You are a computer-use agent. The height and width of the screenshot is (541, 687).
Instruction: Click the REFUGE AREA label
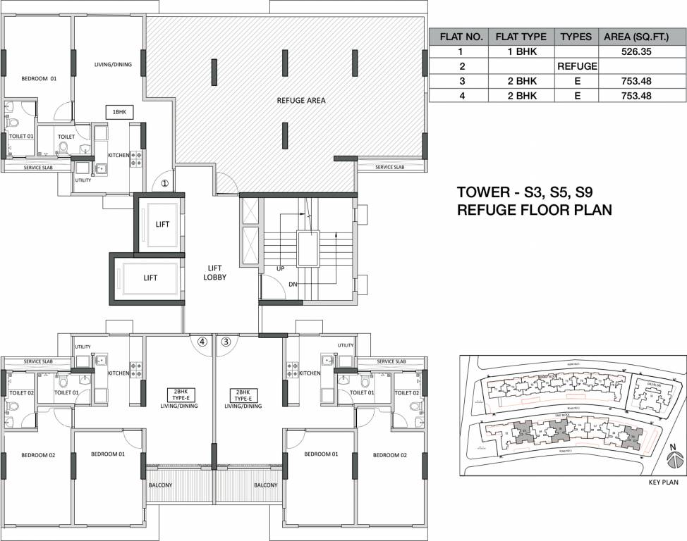pyautogui.click(x=301, y=100)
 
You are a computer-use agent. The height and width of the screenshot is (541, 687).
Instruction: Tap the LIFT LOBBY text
pyautogui.click(x=216, y=273)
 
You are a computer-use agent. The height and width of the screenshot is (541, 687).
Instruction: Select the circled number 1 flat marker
pyautogui.click(x=164, y=183)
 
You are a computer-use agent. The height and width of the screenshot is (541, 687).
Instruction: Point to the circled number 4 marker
pyautogui.click(x=202, y=342)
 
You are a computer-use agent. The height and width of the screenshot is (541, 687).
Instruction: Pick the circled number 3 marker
pyautogui.click(x=226, y=342)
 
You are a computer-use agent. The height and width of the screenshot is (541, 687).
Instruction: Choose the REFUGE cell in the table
pyautogui.click(x=577, y=66)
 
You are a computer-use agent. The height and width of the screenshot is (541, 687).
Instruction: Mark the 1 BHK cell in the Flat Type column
pyautogui.click(x=521, y=51)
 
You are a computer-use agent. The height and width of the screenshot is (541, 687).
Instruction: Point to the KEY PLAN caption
pyautogui.click(x=662, y=483)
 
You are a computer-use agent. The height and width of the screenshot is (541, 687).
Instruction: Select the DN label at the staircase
pyautogui.click(x=293, y=285)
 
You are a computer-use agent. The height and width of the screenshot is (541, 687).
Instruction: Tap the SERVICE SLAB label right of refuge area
pyautogui.click(x=389, y=167)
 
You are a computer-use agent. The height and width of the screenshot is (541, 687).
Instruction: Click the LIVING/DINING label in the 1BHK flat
pyautogui.click(x=113, y=65)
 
